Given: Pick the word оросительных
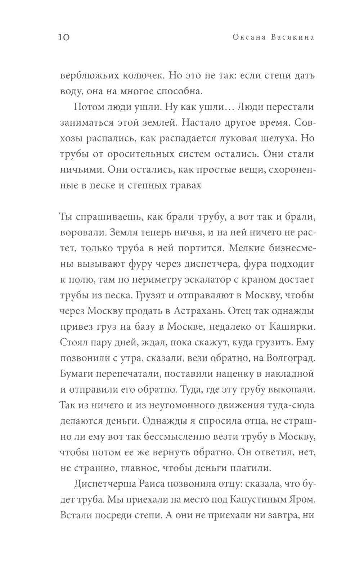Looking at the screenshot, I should [139, 154].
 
